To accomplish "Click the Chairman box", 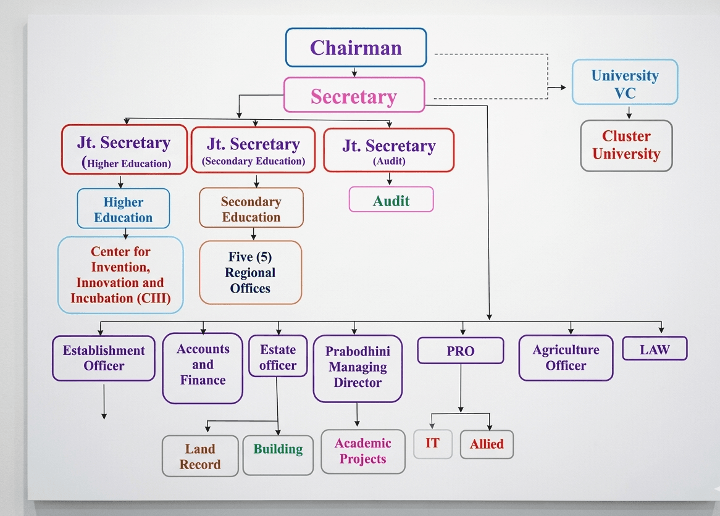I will point(356,48).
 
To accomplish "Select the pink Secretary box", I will point(354,95).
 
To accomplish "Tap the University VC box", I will point(625,84).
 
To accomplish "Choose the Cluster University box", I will point(626,145).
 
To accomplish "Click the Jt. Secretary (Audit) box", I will point(389,150).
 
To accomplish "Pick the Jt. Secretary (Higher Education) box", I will point(124,150).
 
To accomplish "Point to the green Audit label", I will point(391,200).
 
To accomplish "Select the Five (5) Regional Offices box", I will point(250,272).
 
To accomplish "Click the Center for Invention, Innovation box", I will point(120,275).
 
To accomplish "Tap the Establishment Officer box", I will point(104,358).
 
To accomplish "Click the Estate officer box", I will point(278,357).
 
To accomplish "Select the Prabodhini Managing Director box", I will point(358,368).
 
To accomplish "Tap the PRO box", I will point(461,351).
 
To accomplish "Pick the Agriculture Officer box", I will point(566,358).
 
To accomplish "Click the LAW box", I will point(655,349).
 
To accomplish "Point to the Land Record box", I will point(200,456).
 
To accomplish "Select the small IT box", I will point(432,444).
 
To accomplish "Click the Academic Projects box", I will point(363,451).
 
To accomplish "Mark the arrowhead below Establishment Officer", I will point(104,416).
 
